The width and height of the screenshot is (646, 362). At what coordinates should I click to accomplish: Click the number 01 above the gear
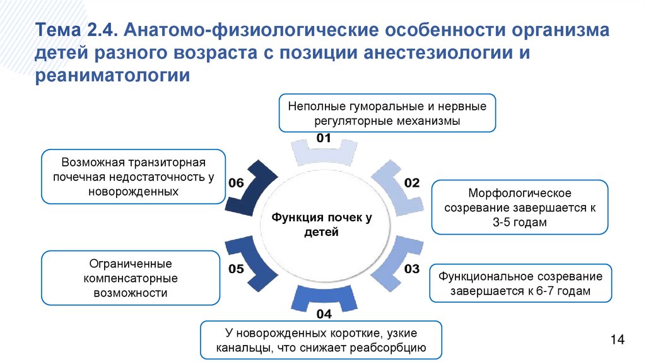point(324,138)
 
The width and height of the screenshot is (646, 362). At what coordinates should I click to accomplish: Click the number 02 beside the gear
point(411,183)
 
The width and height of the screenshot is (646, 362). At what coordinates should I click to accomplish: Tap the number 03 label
point(411,269)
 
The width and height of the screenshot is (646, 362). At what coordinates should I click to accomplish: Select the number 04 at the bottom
point(324,313)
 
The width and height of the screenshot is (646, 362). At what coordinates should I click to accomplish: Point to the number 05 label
point(236,269)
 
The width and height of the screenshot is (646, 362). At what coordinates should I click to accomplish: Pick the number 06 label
point(236,183)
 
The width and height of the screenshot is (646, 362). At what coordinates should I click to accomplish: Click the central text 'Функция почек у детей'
point(322,225)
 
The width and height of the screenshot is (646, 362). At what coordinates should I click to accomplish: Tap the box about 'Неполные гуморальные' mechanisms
point(387,114)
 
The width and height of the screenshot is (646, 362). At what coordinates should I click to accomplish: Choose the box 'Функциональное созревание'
point(520,284)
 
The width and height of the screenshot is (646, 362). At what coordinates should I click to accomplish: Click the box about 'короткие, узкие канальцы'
point(321,340)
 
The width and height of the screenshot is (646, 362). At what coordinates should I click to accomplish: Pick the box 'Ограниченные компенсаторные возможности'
point(131,278)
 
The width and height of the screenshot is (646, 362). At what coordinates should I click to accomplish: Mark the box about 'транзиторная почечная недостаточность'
point(133,176)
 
